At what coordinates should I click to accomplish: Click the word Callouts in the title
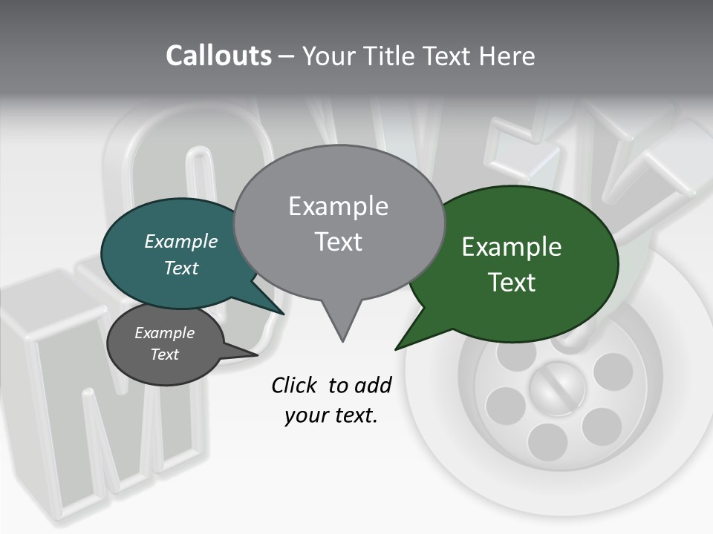[218, 56]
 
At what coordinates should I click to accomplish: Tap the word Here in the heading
[507, 56]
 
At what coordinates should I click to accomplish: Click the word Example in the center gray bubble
[338, 206]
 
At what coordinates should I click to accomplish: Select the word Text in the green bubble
[512, 282]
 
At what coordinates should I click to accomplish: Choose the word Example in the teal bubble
[181, 241]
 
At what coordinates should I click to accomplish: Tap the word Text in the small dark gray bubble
[165, 354]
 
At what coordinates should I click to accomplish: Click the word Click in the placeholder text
[295, 385]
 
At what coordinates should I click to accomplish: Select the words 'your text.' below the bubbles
[331, 415]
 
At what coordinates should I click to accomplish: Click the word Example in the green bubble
[512, 247]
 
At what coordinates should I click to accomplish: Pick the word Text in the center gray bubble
[338, 242]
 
